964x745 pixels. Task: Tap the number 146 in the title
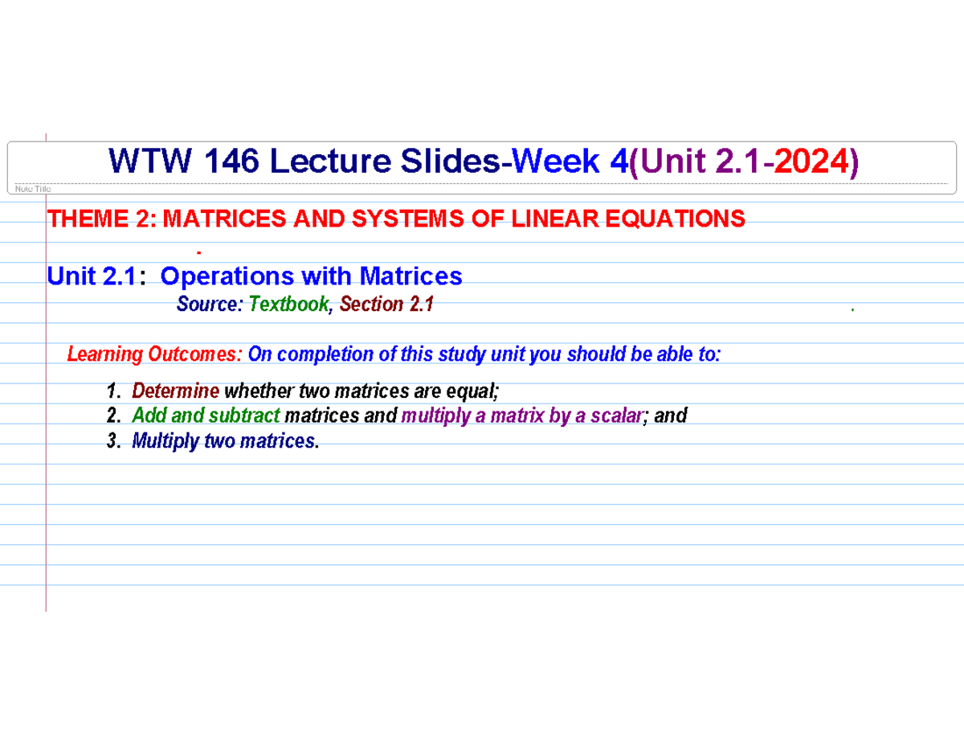233,163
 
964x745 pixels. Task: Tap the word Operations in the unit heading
227,276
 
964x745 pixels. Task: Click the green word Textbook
288,304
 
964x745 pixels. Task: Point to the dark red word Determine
175,391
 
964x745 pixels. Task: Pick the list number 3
112,441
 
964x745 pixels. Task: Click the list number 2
112,416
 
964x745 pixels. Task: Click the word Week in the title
557,163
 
